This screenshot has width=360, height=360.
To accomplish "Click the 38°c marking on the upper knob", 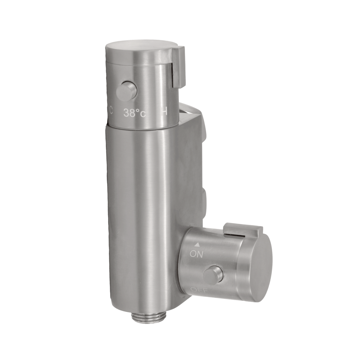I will [135, 113].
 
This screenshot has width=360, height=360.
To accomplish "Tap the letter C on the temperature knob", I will [111, 111].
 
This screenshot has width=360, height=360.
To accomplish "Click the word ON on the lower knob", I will [196, 254].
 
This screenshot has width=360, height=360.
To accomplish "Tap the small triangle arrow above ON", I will [196, 245].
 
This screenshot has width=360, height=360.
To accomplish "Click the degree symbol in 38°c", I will [138, 111].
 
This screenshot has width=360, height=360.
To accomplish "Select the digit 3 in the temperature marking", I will [126, 113].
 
